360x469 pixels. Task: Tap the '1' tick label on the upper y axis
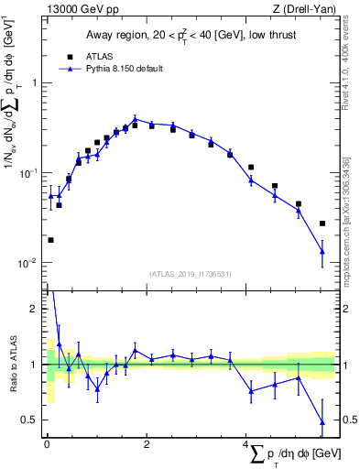click(x=35, y=83)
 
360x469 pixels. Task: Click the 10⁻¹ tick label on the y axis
click(x=31, y=173)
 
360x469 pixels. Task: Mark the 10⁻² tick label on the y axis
click(x=31, y=263)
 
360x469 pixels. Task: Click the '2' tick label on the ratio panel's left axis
click(x=35, y=309)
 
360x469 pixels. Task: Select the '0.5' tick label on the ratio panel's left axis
click(x=31, y=420)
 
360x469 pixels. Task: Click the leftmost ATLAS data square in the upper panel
click(x=50, y=240)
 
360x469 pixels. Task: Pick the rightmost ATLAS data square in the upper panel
click(x=322, y=224)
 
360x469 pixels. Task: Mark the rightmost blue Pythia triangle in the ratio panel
click(x=322, y=422)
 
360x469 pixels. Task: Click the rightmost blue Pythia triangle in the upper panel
click(x=322, y=252)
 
